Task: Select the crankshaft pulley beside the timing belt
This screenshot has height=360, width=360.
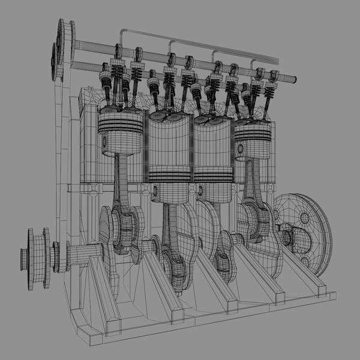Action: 36,251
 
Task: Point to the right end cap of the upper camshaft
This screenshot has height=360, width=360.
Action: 278,61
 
